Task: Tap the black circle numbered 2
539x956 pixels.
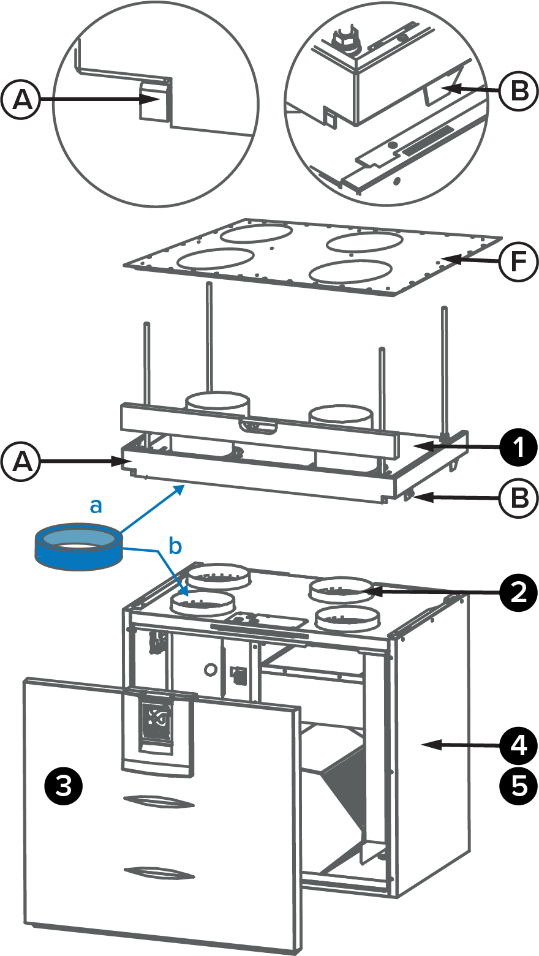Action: tap(518, 592)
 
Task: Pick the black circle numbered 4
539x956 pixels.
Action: tap(518, 745)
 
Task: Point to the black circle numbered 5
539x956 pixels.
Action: tap(518, 786)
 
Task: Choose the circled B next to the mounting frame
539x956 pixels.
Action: tap(518, 497)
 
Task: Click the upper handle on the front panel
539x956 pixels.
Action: tap(159, 800)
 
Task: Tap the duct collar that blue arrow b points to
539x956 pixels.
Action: tap(202, 603)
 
